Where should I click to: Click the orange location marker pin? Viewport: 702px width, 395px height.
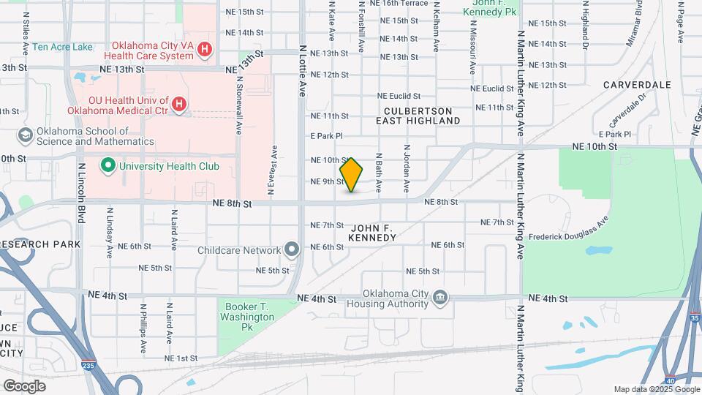pyautogui.click(x=352, y=174)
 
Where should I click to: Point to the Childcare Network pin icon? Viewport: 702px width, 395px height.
pyautogui.click(x=292, y=250)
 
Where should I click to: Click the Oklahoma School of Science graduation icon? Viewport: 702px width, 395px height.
pyautogui.click(x=26, y=136)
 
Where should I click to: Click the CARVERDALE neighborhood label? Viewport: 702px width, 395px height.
pyautogui.click(x=637, y=85)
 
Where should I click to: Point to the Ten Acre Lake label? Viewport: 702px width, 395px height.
pyautogui.click(x=62, y=47)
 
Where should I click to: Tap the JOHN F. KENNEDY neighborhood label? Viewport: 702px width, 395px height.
pyautogui.click(x=372, y=233)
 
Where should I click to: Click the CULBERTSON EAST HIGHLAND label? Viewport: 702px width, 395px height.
pyautogui.click(x=419, y=116)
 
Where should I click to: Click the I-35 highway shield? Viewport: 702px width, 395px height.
pyautogui.click(x=695, y=318)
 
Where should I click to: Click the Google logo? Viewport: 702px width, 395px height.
pyautogui.click(x=24, y=386)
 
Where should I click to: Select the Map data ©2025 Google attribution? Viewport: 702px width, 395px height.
pyautogui.click(x=656, y=389)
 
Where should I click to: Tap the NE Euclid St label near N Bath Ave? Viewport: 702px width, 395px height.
pyautogui.click(x=399, y=96)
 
